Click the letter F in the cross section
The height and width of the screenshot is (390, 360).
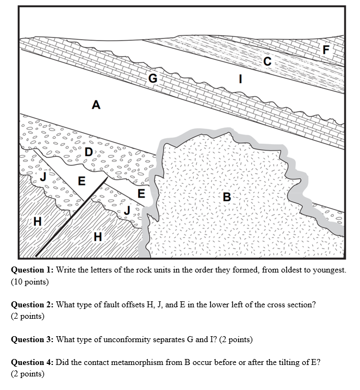[x=326, y=49]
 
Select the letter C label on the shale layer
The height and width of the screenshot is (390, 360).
[x=266, y=61]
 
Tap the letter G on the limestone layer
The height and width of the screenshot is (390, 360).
[x=153, y=78]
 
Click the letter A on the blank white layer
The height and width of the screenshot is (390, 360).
[x=96, y=104]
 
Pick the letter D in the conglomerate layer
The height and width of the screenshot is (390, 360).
[x=88, y=152]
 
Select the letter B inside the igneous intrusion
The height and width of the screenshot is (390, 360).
[x=227, y=196]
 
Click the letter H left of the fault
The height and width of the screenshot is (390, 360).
[x=37, y=221]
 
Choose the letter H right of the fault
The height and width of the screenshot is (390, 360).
[x=97, y=236]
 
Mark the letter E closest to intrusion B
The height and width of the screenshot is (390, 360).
[x=141, y=193]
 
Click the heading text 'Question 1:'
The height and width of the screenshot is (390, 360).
[x=32, y=270]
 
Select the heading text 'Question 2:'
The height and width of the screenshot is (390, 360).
[x=32, y=305]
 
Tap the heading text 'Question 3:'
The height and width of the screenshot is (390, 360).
[x=32, y=339]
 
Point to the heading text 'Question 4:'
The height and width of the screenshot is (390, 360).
[x=32, y=362]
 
